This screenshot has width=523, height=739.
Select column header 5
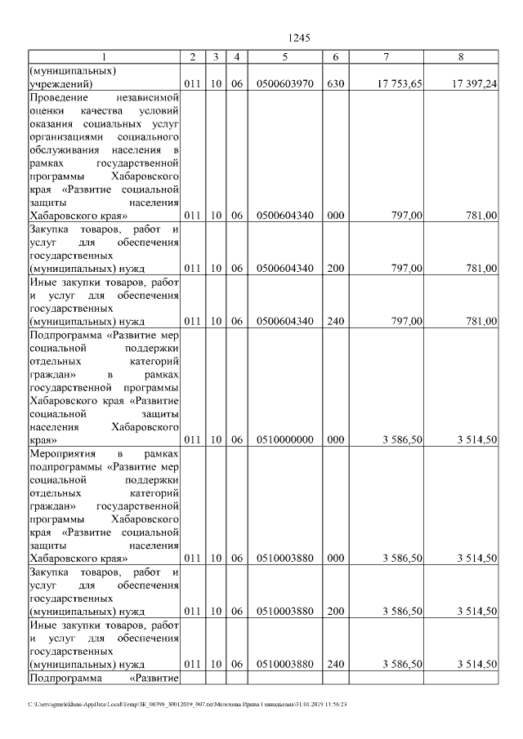(x=284, y=56)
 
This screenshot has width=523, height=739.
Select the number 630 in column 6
(x=335, y=84)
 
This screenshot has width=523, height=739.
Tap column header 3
(x=214, y=56)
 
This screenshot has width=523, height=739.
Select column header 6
(x=335, y=56)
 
